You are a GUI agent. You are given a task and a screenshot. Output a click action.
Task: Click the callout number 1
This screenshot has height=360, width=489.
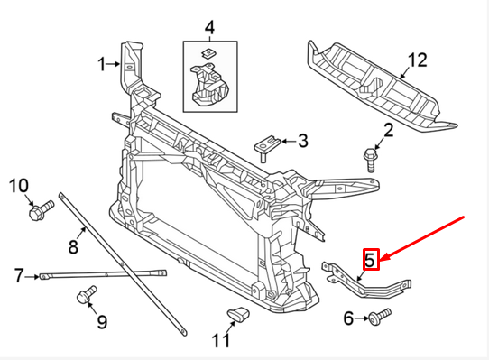tap(102, 63)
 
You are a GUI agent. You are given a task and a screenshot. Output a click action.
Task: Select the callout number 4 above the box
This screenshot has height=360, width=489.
tap(209, 28)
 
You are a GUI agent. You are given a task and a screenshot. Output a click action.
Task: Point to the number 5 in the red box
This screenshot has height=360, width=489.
tap(369, 260)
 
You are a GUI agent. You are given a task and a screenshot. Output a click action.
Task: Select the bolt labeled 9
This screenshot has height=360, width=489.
tap(88, 294)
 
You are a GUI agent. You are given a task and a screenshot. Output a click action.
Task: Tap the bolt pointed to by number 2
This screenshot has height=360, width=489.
tap(369, 162)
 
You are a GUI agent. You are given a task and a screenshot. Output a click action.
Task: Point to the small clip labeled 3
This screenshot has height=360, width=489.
tap(268, 143)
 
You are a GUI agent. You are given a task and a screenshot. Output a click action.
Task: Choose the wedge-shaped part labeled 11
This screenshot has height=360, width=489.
tap(237, 314)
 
